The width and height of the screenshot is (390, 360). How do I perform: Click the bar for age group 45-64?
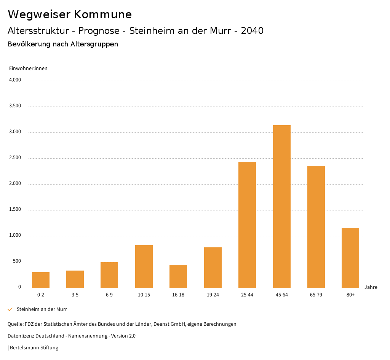point(281,206)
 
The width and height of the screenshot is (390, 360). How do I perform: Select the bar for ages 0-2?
point(41,280)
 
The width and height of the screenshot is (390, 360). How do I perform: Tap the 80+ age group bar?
point(350,258)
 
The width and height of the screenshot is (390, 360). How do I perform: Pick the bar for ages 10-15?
point(144,266)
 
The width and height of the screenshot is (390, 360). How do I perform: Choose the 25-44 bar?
point(247,225)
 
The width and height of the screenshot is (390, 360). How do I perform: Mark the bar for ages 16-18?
point(178,276)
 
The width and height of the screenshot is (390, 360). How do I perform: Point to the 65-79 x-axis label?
point(316,295)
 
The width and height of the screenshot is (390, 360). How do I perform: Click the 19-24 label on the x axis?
point(213,295)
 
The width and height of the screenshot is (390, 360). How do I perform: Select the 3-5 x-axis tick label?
point(75,295)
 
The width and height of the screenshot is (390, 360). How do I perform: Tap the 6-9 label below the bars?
point(109,295)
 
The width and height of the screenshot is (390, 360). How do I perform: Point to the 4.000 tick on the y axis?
point(15,80)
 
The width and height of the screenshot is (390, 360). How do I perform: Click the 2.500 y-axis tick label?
point(15,158)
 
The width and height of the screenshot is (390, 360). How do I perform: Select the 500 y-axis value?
point(17,261)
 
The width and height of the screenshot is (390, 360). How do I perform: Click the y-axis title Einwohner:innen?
point(28,68)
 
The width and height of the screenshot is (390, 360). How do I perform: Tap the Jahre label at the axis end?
point(371,287)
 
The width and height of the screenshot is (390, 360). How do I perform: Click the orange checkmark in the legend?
point(10,309)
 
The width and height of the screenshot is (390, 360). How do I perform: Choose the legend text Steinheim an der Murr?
point(42,309)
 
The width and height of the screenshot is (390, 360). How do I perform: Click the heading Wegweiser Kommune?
point(70,14)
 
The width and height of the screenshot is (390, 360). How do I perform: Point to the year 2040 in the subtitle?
point(252,31)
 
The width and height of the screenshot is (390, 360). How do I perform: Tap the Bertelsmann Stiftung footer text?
point(34,348)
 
